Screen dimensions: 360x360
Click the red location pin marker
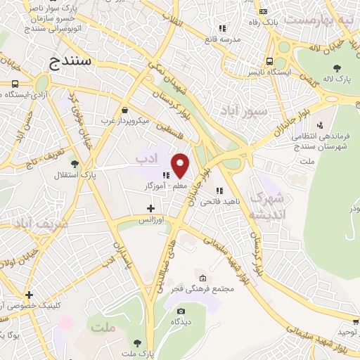point(180,165)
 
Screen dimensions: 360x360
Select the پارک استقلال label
point(98,174)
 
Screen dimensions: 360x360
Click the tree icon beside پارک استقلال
point(74,174)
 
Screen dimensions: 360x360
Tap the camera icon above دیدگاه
point(181,311)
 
